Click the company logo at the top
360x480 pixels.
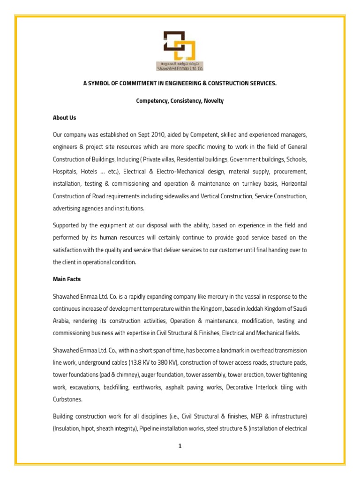(180, 50)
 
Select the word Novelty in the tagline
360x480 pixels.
(214, 101)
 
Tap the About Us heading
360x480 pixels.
(64, 118)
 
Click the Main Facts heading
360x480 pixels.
(67, 279)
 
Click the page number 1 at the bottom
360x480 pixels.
(180, 446)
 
